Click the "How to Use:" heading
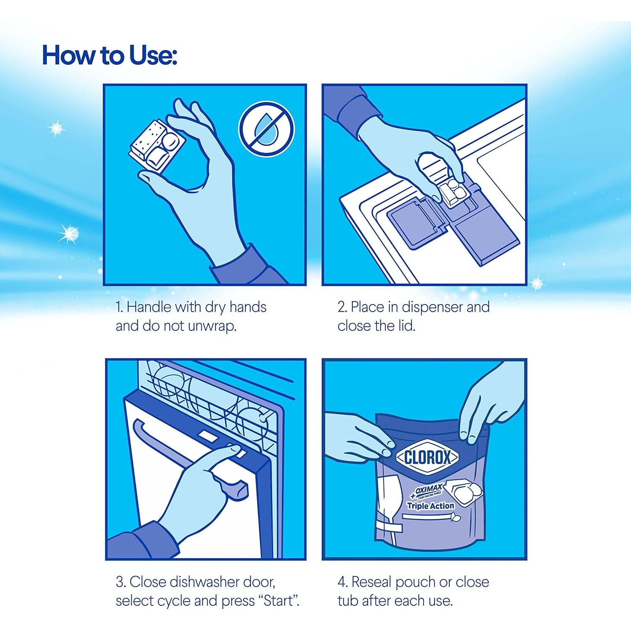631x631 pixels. (109, 55)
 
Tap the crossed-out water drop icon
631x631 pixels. (266, 129)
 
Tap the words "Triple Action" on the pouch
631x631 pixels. (430, 506)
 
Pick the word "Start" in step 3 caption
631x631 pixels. (278, 601)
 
